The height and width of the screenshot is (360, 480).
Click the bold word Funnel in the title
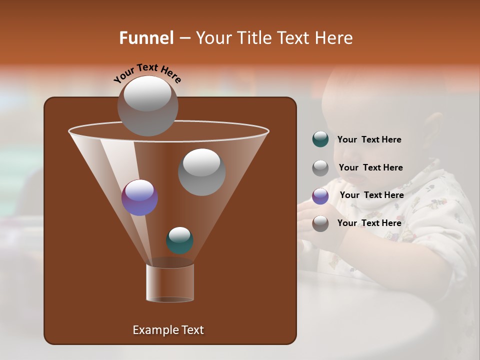click(x=146, y=37)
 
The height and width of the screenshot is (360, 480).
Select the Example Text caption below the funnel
click(x=168, y=330)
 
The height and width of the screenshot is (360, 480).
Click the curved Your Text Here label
click(x=147, y=73)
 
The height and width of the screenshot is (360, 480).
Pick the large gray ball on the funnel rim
click(x=147, y=105)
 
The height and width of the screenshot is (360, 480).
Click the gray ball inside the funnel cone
click(x=201, y=171)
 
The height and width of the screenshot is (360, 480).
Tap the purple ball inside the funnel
click(x=139, y=197)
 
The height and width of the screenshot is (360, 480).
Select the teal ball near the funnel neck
click(x=179, y=240)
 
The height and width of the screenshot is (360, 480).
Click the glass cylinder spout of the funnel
click(x=170, y=283)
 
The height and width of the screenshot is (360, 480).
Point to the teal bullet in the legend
click(x=320, y=139)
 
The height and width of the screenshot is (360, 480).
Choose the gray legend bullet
click(x=320, y=167)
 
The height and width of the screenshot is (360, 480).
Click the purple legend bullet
click(x=320, y=195)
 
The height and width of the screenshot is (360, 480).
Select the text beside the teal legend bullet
click(x=369, y=139)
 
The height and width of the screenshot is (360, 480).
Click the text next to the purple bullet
click(x=371, y=195)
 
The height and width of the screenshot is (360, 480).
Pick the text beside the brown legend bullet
click(x=369, y=223)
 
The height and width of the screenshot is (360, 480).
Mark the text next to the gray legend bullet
click(x=370, y=167)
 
